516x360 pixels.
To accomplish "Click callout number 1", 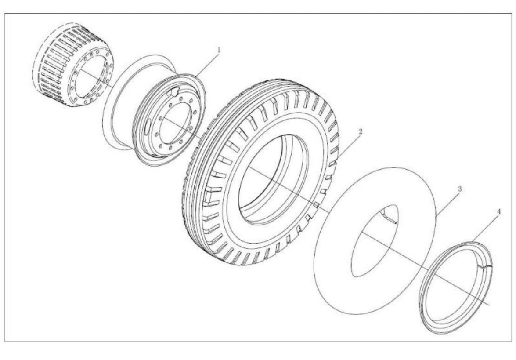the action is [x=219, y=50].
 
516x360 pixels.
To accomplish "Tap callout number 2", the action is [x=361, y=131].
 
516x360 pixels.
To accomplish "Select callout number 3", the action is [x=460, y=189].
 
